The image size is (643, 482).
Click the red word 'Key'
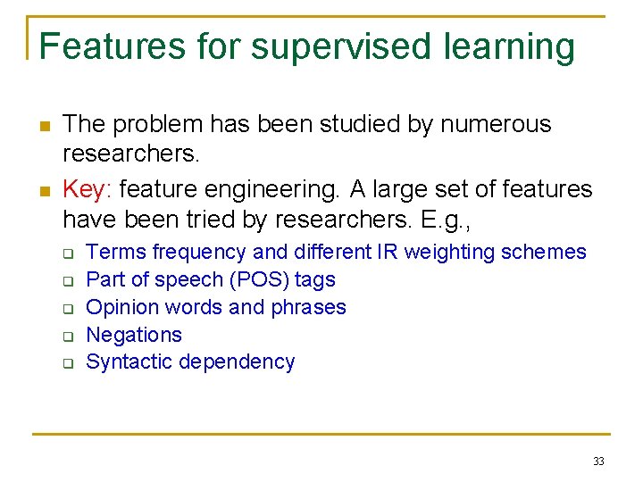(85, 189)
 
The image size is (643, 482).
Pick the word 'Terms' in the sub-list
(116, 252)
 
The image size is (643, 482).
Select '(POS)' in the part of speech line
(260, 279)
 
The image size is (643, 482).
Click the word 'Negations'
(134, 335)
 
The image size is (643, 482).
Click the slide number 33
(598, 461)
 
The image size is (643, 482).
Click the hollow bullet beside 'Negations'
(67, 337)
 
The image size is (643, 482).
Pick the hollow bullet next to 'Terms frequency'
(67, 253)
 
